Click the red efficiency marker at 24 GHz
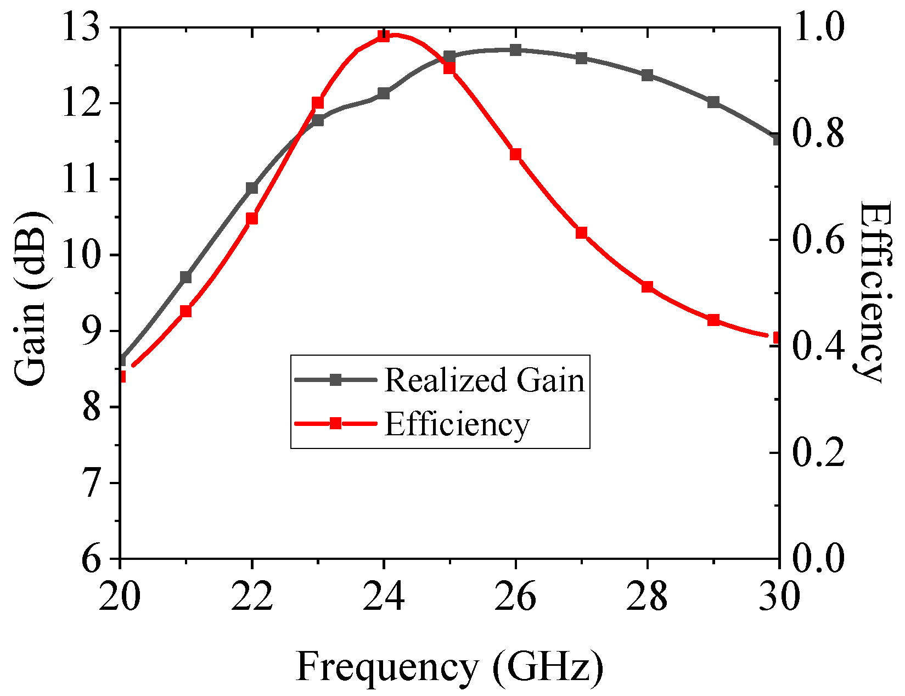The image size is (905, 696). (384, 36)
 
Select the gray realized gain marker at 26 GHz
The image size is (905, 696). (515, 50)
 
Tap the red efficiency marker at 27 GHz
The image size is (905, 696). (582, 233)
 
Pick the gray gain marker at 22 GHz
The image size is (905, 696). (252, 188)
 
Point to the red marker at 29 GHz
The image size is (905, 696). (713, 320)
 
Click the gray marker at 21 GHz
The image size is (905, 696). (186, 277)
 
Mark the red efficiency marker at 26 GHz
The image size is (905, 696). (515, 154)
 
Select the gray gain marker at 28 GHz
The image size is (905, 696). (648, 75)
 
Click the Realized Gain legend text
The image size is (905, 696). (484, 380)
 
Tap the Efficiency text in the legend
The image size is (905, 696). (457, 424)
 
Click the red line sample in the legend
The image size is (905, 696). (335, 423)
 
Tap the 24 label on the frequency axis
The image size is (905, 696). (384, 596)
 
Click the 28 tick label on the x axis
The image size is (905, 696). (648, 596)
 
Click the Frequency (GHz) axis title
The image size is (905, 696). (449, 667)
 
